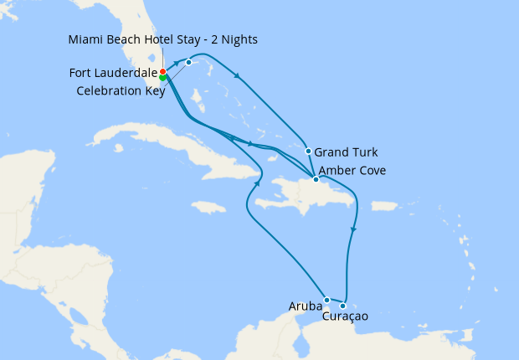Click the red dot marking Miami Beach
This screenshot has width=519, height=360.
(x=162, y=72)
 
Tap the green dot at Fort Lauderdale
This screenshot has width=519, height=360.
(x=162, y=78)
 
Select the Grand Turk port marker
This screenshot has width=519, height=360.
(x=309, y=152)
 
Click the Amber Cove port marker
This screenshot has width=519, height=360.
(x=315, y=179)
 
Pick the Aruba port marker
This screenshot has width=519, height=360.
(x=326, y=300)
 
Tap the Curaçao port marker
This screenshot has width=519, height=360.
(x=343, y=306)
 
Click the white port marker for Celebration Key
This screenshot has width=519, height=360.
(x=188, y=62)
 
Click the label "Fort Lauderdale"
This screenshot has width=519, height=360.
(x=113, y=74)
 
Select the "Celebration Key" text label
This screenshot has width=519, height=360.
(x=121, y=90)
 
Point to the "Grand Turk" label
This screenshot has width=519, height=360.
(x=346, y=152)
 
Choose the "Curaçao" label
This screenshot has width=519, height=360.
(x=344, y=316)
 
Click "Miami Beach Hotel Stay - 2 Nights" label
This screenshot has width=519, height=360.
(x=163, y=40)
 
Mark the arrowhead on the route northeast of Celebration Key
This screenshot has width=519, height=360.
(x=239, y=77)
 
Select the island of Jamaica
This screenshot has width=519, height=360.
(x=208, y=206)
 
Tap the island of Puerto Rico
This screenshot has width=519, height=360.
(x=383, y=205)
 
